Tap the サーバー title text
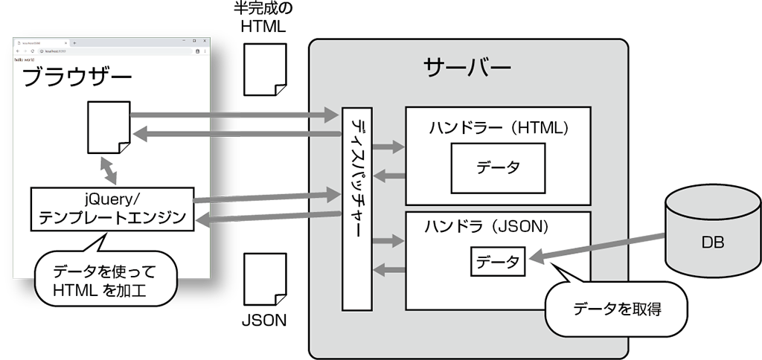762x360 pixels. pyautogui.click(x=467, y=68)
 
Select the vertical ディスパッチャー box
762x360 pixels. pyautogui.click(x=356, y=208)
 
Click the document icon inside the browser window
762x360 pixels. pyautogui.click(x=109, y=128)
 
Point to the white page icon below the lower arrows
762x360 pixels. pyautogui.click(x=265, y=279)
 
